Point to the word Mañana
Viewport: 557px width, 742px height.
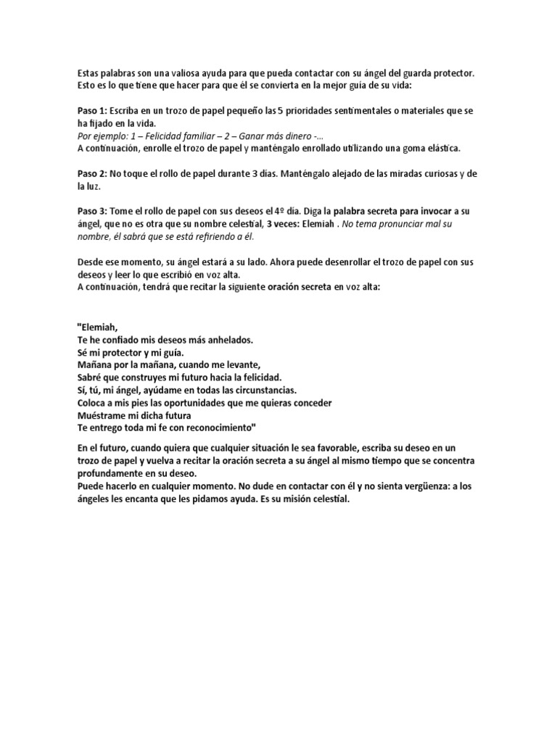pyautogui.click(x=95, y=364)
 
